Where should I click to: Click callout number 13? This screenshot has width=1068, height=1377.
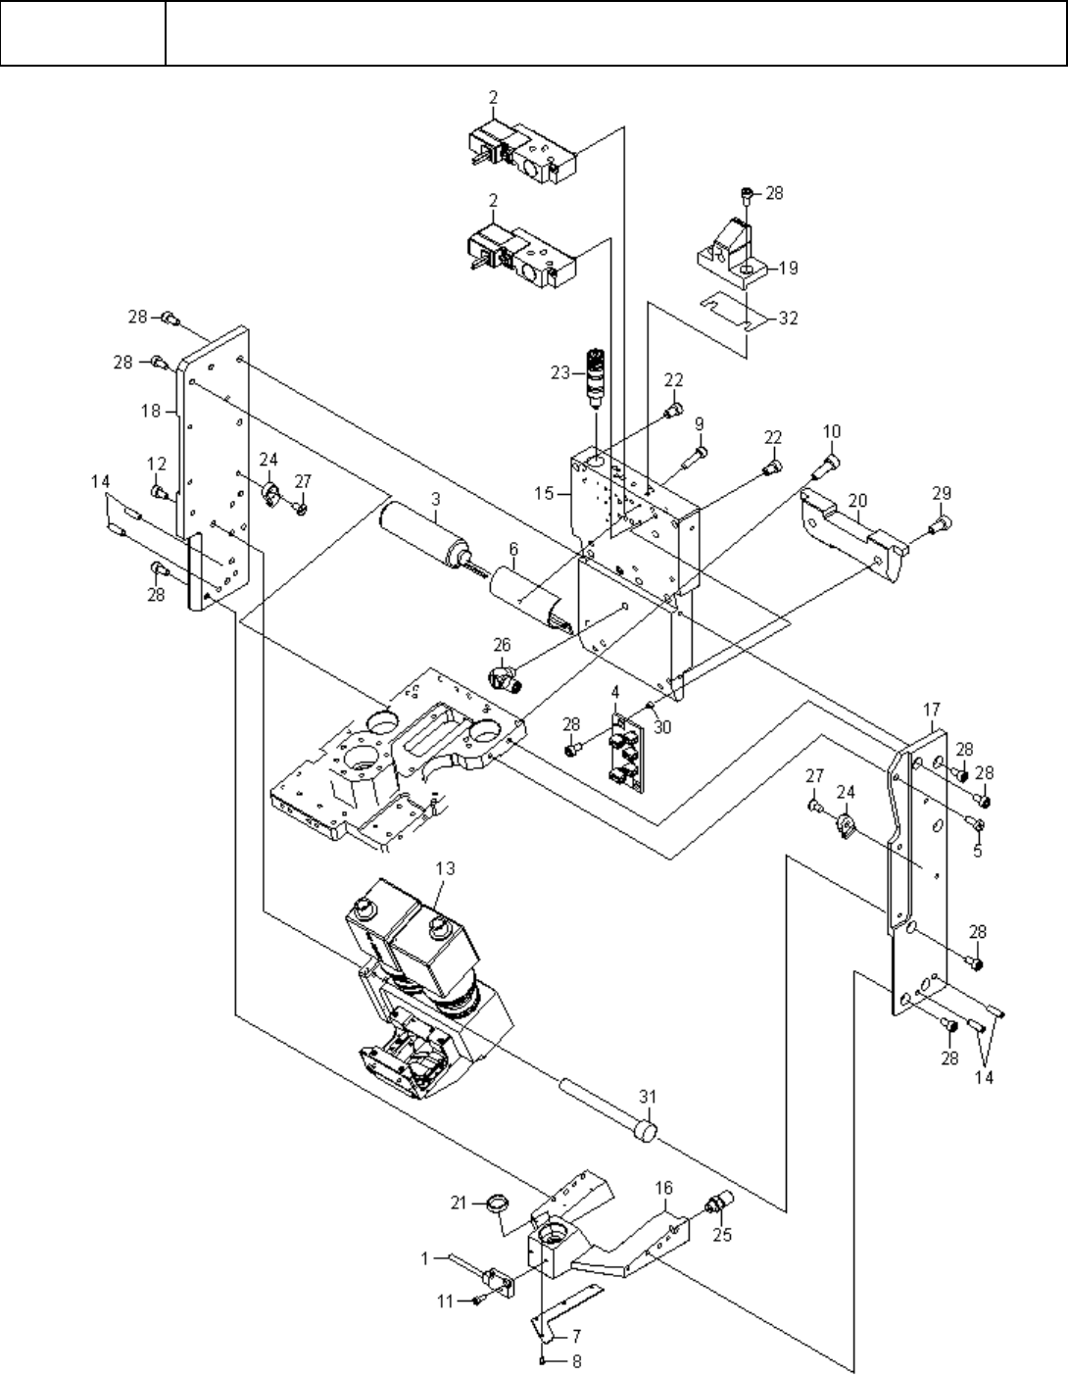tap(445, 868)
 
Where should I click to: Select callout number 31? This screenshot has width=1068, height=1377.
tap(648, 1097)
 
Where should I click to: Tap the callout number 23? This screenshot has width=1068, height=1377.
tap(560, 373)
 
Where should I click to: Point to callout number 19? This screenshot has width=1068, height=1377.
tap(788, 268)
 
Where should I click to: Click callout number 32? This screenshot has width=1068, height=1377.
tap(788, 319)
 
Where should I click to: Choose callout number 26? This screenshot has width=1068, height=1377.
tap(502, 645)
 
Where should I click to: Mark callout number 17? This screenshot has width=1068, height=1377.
tap(932, 710)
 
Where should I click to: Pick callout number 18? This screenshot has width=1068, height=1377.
tap(151, 412)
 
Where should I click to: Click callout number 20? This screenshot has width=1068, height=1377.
tap(857, 501)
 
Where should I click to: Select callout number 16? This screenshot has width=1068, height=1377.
tap(664, 1188)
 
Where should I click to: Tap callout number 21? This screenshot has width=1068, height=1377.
tap(459, 1203)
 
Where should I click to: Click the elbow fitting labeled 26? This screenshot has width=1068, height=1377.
tap(505, 678)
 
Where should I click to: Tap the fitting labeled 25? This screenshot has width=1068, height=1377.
tap(719, 1201)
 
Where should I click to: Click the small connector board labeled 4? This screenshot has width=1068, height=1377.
tap(626, 752)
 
